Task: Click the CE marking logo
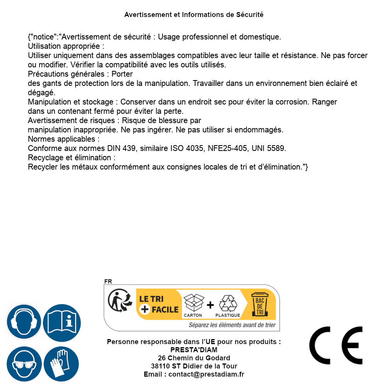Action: [336, 345]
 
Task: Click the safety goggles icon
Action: [24, 364]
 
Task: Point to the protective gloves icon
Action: [62, 364]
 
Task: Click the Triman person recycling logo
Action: [119, 301]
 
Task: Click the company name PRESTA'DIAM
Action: [194, 350]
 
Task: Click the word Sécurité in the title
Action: [250, 15]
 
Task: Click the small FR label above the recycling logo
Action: [108, 281]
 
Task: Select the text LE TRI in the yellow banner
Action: [151, 299]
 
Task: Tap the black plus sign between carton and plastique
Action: [210, 305]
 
